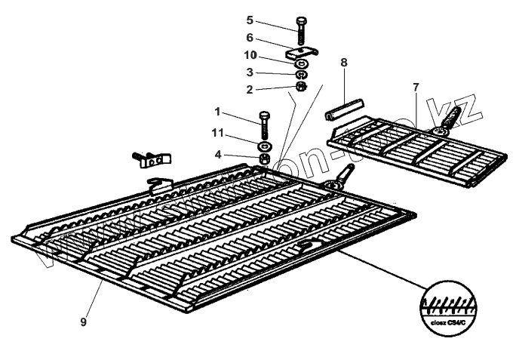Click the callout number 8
tap(343, 63)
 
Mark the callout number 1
tap(217, 112)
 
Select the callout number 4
tap(218, 155)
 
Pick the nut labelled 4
tap(265, 159)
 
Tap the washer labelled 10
tap(300, 65)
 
